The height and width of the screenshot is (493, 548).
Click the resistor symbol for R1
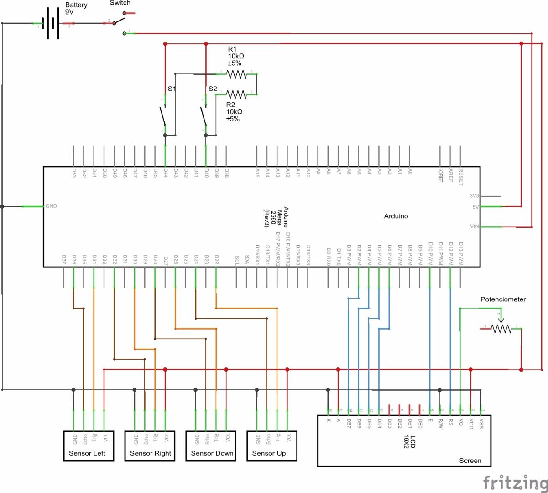tap(236, 73)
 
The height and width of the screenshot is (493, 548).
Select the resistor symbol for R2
tap(236, 94)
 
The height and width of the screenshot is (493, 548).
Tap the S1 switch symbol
tap(163, 116)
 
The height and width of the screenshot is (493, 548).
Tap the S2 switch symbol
tap(204, 116)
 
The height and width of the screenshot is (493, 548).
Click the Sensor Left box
tap(88, 446)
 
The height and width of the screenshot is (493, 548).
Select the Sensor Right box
tap(150, 446)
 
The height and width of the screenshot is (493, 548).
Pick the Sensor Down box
tap(211, 446)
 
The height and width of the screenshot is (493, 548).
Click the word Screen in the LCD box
tap(470, 461)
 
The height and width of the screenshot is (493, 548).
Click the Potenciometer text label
tap(503, 299)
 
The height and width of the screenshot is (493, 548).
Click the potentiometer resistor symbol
tap(501, 328)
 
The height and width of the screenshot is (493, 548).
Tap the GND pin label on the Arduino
tap(51, 206)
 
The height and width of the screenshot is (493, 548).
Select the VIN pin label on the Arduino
tap(475, 226)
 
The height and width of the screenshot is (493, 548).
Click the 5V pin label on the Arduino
tap(475, 207)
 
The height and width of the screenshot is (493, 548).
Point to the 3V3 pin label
tap(475, 196)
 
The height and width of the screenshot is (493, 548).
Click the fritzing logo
tap(515, 482)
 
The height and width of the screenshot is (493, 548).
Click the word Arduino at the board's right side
tap(396, 216)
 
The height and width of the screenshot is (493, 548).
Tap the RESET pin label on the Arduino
tap(461, 177)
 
